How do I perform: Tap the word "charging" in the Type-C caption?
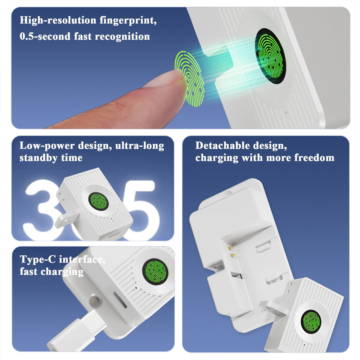62,271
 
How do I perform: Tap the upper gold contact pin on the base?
230,247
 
